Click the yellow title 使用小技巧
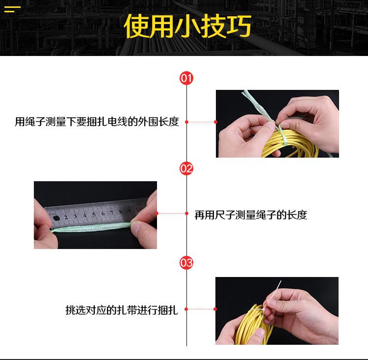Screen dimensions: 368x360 (x=187, y=26)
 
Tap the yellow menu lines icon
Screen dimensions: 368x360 (x=12, y=9)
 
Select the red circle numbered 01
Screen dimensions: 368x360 (x=186, y=78)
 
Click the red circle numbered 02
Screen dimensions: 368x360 (x=186, y=168)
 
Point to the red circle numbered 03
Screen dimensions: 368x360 (x=186, y=262)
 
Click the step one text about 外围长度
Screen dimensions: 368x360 (x=97, y=122)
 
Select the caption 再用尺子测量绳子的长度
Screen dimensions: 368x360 (x=251, y=215)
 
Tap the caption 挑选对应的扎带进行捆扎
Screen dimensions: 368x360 (x=122, y=310)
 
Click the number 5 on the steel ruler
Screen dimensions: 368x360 (x=94, y=215)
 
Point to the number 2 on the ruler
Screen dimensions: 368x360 (x=66, y=218)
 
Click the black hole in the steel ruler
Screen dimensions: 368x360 (x=56, y=218)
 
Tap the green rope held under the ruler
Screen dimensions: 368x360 (x=91, y=227)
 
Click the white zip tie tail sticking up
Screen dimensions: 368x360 (x=276, y=289)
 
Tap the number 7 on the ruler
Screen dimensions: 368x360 (x=112, y=213)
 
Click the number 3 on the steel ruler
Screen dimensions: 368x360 (x=76, y=216)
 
